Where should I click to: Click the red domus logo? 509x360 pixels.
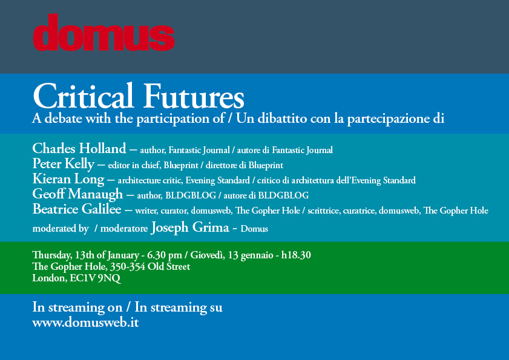[104, 33]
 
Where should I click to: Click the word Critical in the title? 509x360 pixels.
[83, 96]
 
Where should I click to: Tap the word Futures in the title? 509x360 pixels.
[194, 96]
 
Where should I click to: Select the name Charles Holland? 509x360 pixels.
[79, 149]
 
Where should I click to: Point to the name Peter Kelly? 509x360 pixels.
[64, 164]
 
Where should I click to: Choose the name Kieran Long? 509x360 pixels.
[68, 179]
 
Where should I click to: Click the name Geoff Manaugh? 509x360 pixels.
[77, 194]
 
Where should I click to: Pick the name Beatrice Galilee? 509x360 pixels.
[77, 209]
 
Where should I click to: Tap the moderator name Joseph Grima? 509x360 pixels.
[190, 227]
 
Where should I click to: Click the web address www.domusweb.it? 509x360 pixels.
[86, 322]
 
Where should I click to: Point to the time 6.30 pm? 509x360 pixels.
[165, 255]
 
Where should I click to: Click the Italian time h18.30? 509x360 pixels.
[296, 255]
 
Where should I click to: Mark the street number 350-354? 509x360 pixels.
[127, 266]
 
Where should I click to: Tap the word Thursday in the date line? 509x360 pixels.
[52, 255]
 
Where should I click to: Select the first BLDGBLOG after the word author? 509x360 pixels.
[191, 195]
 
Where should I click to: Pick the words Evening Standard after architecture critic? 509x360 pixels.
[217, 180]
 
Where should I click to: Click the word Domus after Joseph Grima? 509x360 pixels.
[254, 229]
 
